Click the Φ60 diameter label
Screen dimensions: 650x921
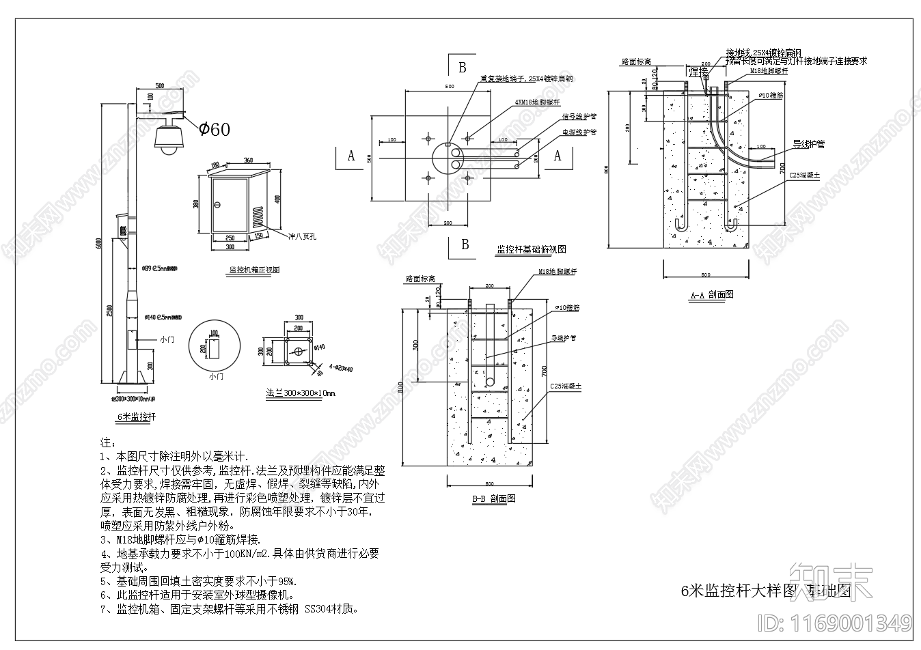point(214,129)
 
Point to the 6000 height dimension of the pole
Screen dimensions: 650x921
point(98,244)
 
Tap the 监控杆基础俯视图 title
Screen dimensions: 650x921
point(531,249)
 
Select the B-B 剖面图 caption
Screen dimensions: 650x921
point(493,498)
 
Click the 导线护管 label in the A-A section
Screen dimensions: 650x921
point(808,145)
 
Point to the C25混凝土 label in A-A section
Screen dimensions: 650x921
point(804,175)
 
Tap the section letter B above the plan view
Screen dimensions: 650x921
point(463,68)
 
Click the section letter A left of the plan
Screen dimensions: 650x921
point(351,156)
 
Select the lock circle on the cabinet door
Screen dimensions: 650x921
point(218,204)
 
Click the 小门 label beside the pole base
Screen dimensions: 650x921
point(167,339)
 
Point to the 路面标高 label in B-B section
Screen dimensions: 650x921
point(420,279)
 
